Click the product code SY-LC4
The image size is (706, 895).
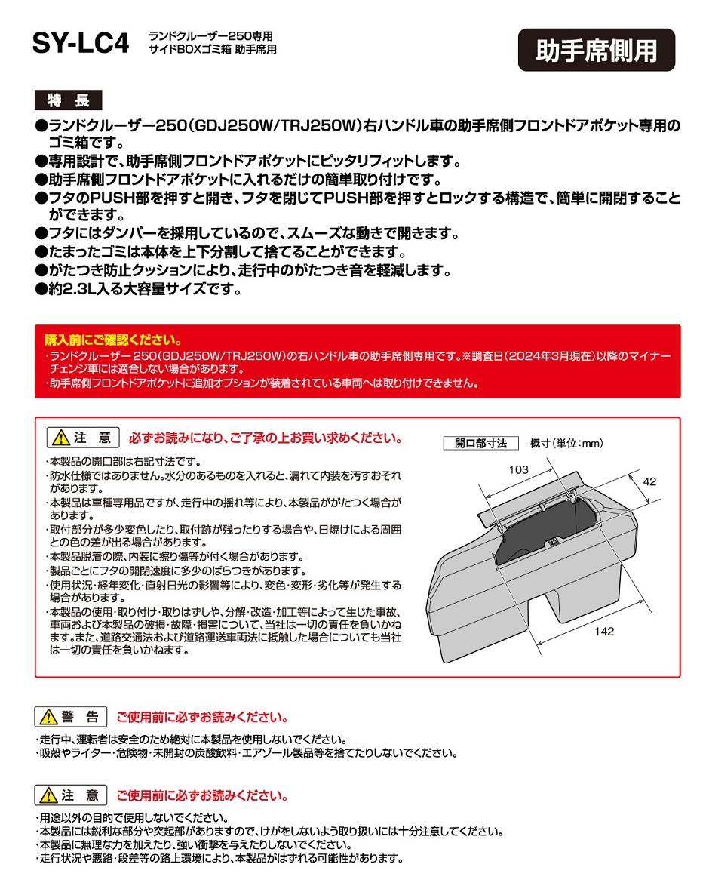click(80, 44)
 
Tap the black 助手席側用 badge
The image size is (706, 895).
click(596, 51)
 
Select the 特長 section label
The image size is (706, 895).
click(68, 100)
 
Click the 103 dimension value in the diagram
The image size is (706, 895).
click(518, 469)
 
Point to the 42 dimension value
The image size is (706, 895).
click(650, 480)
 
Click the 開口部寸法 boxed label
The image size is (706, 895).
click(480, 443)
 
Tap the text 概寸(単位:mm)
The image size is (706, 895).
click(566, 443)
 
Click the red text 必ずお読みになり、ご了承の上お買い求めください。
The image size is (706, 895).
click(266, 438)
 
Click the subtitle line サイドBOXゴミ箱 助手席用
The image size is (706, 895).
click(213, 49)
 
